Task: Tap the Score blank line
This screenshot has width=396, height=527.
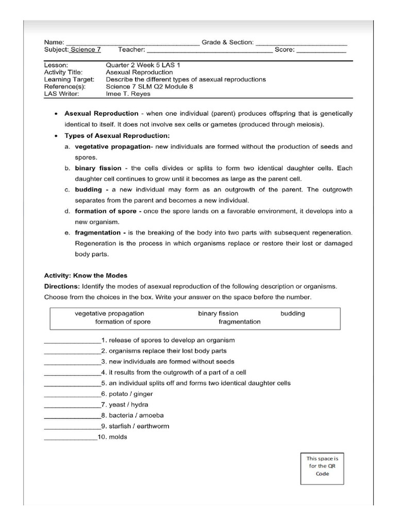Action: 321,51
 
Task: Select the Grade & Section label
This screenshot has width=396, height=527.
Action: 227,42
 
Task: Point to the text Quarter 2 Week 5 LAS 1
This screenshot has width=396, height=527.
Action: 143,65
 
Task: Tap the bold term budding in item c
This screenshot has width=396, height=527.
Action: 89,189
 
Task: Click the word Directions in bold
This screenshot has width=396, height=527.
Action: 62,286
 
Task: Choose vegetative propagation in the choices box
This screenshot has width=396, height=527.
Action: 109,313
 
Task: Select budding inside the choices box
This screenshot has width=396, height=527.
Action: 292,313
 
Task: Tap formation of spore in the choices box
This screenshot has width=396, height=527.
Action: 123,322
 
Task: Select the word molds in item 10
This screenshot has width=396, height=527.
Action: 118,437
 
